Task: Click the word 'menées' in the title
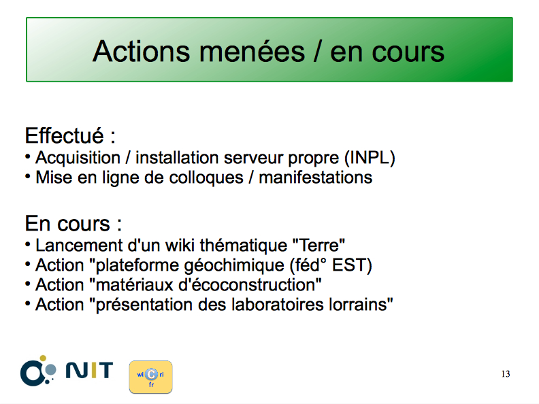pyautogui.click(x=252, y=52)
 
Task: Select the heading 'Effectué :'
pyautogui.click(x=70, y=136)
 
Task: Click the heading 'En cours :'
pyautogui.click(x=73, y=224)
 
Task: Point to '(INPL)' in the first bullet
pyautogui.click(x=370, y=158)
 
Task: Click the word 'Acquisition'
pyautogui.click(x=78, y=158)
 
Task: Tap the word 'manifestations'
pyautogui.click(x=316, y=178)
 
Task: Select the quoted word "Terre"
pyautogui.click(x=318, y=246)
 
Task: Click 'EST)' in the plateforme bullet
pyautogui.click(x=352, y=265)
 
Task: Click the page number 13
pyautogui.click(x=506, y=374)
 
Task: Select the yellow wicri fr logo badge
pyautogui.click(x=150, y=377)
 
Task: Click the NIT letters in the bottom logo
pyautogui.click(x=89, y=370)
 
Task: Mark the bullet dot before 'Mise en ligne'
pyautogui.click(x=27, y=177)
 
